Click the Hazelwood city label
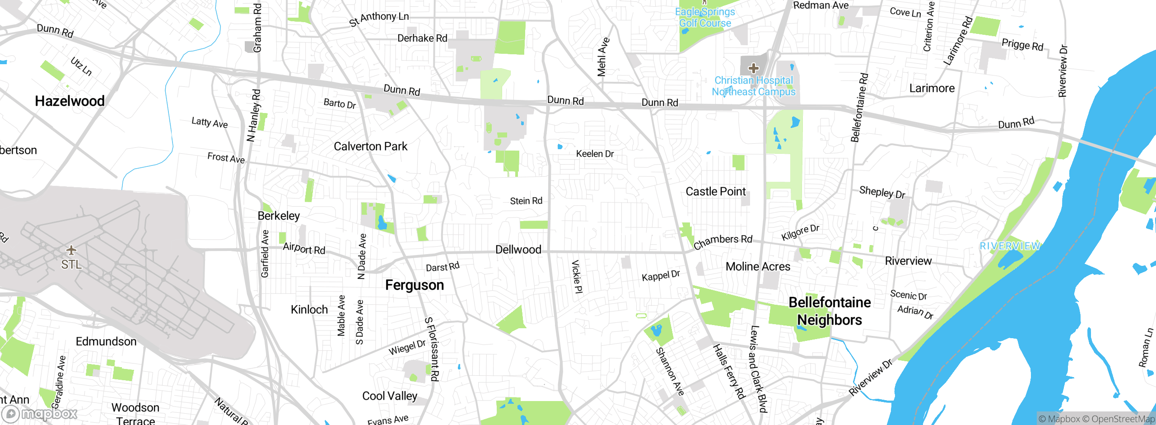pyautogui.click(x=70, y=101)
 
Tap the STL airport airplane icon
pyautogui.click(x=71, y=250)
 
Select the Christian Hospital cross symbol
pyautogui.click(x=753, y=68)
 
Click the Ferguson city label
pyautogui.click(x=414, y=285)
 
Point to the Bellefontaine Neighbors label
pyautogui.click(x=830, y=311)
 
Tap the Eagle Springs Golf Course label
pyautogui.click(x=705, y=18)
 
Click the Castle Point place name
pyautogui.click(x=715, y=192)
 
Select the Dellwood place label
pyautogui.click(x=518, y=250)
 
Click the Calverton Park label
pyautogui.click(x=370, y=146)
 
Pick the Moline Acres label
pyautogui.click(x=758, y=267)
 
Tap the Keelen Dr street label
pyautogui.click(x=595, y=154)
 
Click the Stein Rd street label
pyautogui.click(x=526, y=201)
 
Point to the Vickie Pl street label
pyautogui.click(x=577, y=276)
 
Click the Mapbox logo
pyautogui.click(x=40, y=414)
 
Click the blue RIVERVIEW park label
pyautogui.click(x=1010, y=246)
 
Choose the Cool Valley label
pyautogui.click(x=389, y=396)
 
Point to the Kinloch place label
pyautogui.click(x=309, y=310)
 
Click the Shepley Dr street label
pyautogui.click(x=882, y=192)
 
